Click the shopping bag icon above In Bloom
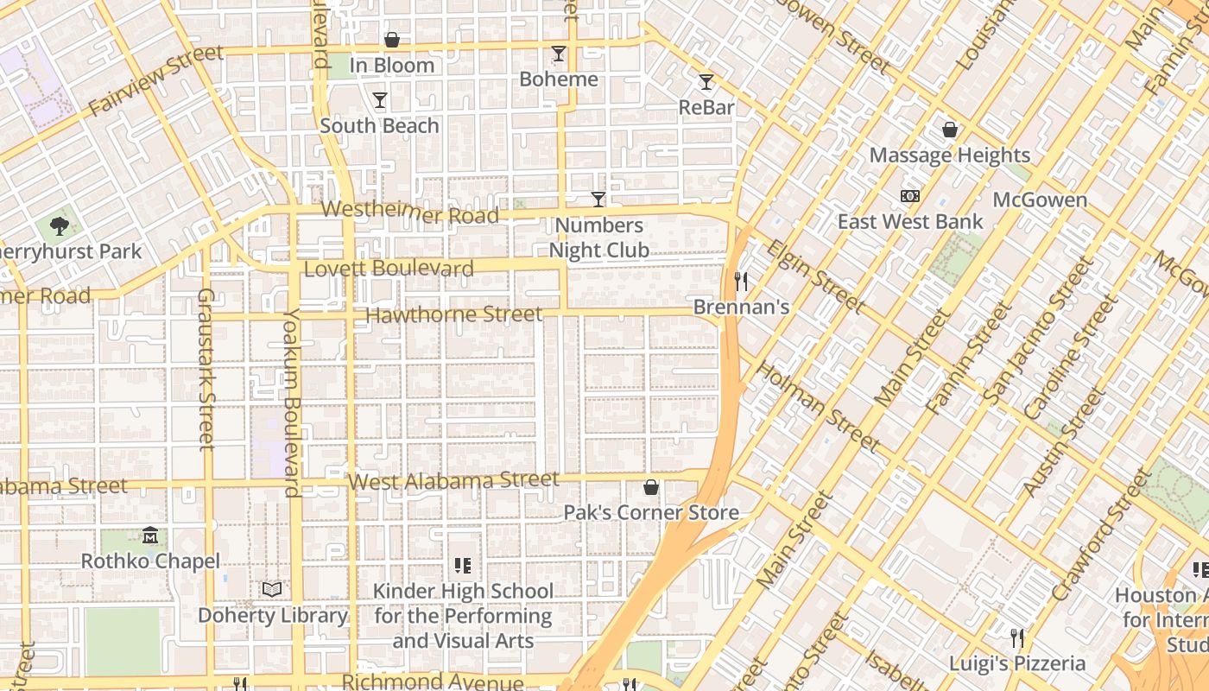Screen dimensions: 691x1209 click(x=391, y=40)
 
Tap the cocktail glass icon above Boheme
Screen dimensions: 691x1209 click(x=559, y=54)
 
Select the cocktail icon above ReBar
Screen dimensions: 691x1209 click(x=706, y=82)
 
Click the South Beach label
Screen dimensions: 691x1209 click(x=379, y=125)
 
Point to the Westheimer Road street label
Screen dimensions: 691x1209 click(x=410, y=212)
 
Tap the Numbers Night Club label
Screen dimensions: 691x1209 click(x=599, y=238)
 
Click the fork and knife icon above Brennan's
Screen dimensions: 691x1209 click(x=740, y=281)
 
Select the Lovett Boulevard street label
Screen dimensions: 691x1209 click(x=389, y=269)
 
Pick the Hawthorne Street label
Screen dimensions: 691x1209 click(x=454, y=314)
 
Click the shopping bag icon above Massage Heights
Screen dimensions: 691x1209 click(x=950, y=130)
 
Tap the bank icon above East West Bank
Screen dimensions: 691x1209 click(x=910, y=196)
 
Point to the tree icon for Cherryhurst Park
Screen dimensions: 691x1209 click(x=59, y=226)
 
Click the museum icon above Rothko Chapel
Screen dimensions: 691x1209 click(x=150, y=536)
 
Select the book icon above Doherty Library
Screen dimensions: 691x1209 click(x=272, y=589)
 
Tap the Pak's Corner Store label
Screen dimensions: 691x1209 click(x=651, y=512)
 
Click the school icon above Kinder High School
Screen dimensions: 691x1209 click(x=462, y=566)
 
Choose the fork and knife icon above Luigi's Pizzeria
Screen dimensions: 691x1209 click(x=1017, y=638)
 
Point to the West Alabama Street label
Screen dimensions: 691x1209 click(x=453, y=479)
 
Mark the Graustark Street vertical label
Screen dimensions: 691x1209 click(x=206, y=369)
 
